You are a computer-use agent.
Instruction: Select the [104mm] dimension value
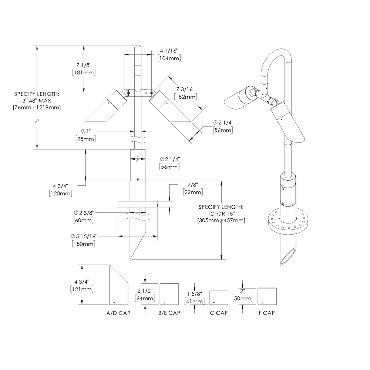click(169, 58)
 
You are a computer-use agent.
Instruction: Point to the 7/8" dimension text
click(192, 185)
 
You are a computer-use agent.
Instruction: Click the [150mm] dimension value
click(83, 244)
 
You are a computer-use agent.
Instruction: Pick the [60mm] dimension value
click(83, 220)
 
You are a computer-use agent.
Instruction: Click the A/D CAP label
click(118, 313)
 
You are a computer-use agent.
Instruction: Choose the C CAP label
click(218, 313)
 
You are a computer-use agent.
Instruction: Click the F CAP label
click(267, 313)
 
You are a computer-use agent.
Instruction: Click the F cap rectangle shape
click(267, 296)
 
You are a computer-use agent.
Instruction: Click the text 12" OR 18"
click(221, 214)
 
